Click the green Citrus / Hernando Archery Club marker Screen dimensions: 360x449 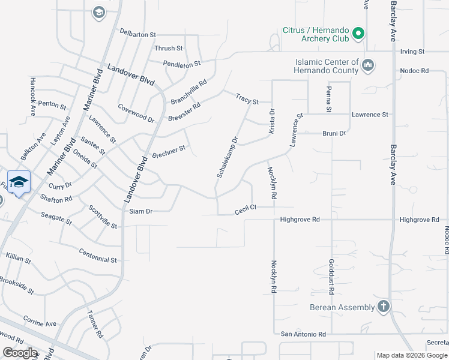(358, 34)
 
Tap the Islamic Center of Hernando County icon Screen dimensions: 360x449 (369, 64)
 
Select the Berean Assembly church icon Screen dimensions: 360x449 (384, 307)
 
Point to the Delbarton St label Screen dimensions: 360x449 (137, 34)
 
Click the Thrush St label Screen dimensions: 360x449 (169, 49)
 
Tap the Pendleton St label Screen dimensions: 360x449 (182, 63)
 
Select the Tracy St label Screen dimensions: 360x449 (247, 99)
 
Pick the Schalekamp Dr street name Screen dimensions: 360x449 (228, 157)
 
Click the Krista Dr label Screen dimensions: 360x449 (271, 121)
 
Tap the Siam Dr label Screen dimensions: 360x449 (141, 211)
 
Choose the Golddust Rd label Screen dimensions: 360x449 (331, 276)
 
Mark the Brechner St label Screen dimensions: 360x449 (169, 150)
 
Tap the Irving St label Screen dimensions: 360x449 (412, 52)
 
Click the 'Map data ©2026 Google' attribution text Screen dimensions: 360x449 (411, 355)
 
